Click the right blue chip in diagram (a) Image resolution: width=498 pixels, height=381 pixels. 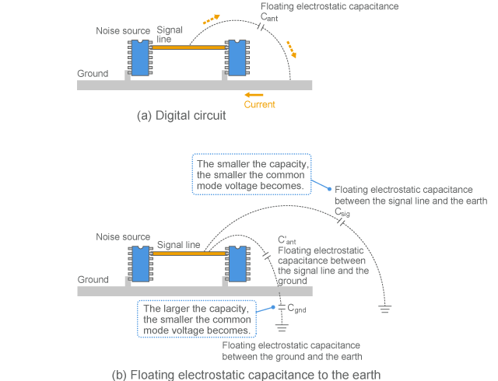236,58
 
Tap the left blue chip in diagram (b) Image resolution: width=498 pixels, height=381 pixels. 140,264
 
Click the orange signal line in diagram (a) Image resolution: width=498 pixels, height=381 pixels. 188,47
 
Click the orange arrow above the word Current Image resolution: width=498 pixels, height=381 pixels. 254,93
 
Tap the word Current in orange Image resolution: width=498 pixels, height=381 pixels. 259,104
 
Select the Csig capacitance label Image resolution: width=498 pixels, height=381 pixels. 342,211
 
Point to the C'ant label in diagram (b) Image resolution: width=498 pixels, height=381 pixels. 287,239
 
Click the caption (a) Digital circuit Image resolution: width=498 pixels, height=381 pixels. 181,116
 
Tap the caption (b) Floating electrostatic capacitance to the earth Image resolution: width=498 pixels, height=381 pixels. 246,374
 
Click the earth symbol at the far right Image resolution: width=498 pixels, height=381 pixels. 384,309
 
